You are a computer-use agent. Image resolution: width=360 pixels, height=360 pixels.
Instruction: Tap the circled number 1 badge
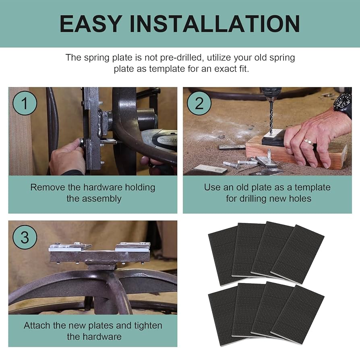coord(25,103)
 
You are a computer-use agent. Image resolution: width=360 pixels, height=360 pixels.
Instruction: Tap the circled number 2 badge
coord(199,103)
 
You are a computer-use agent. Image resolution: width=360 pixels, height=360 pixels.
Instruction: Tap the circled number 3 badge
coord(25,237)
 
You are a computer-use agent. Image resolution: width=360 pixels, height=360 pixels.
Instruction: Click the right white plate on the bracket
coord(133,246)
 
